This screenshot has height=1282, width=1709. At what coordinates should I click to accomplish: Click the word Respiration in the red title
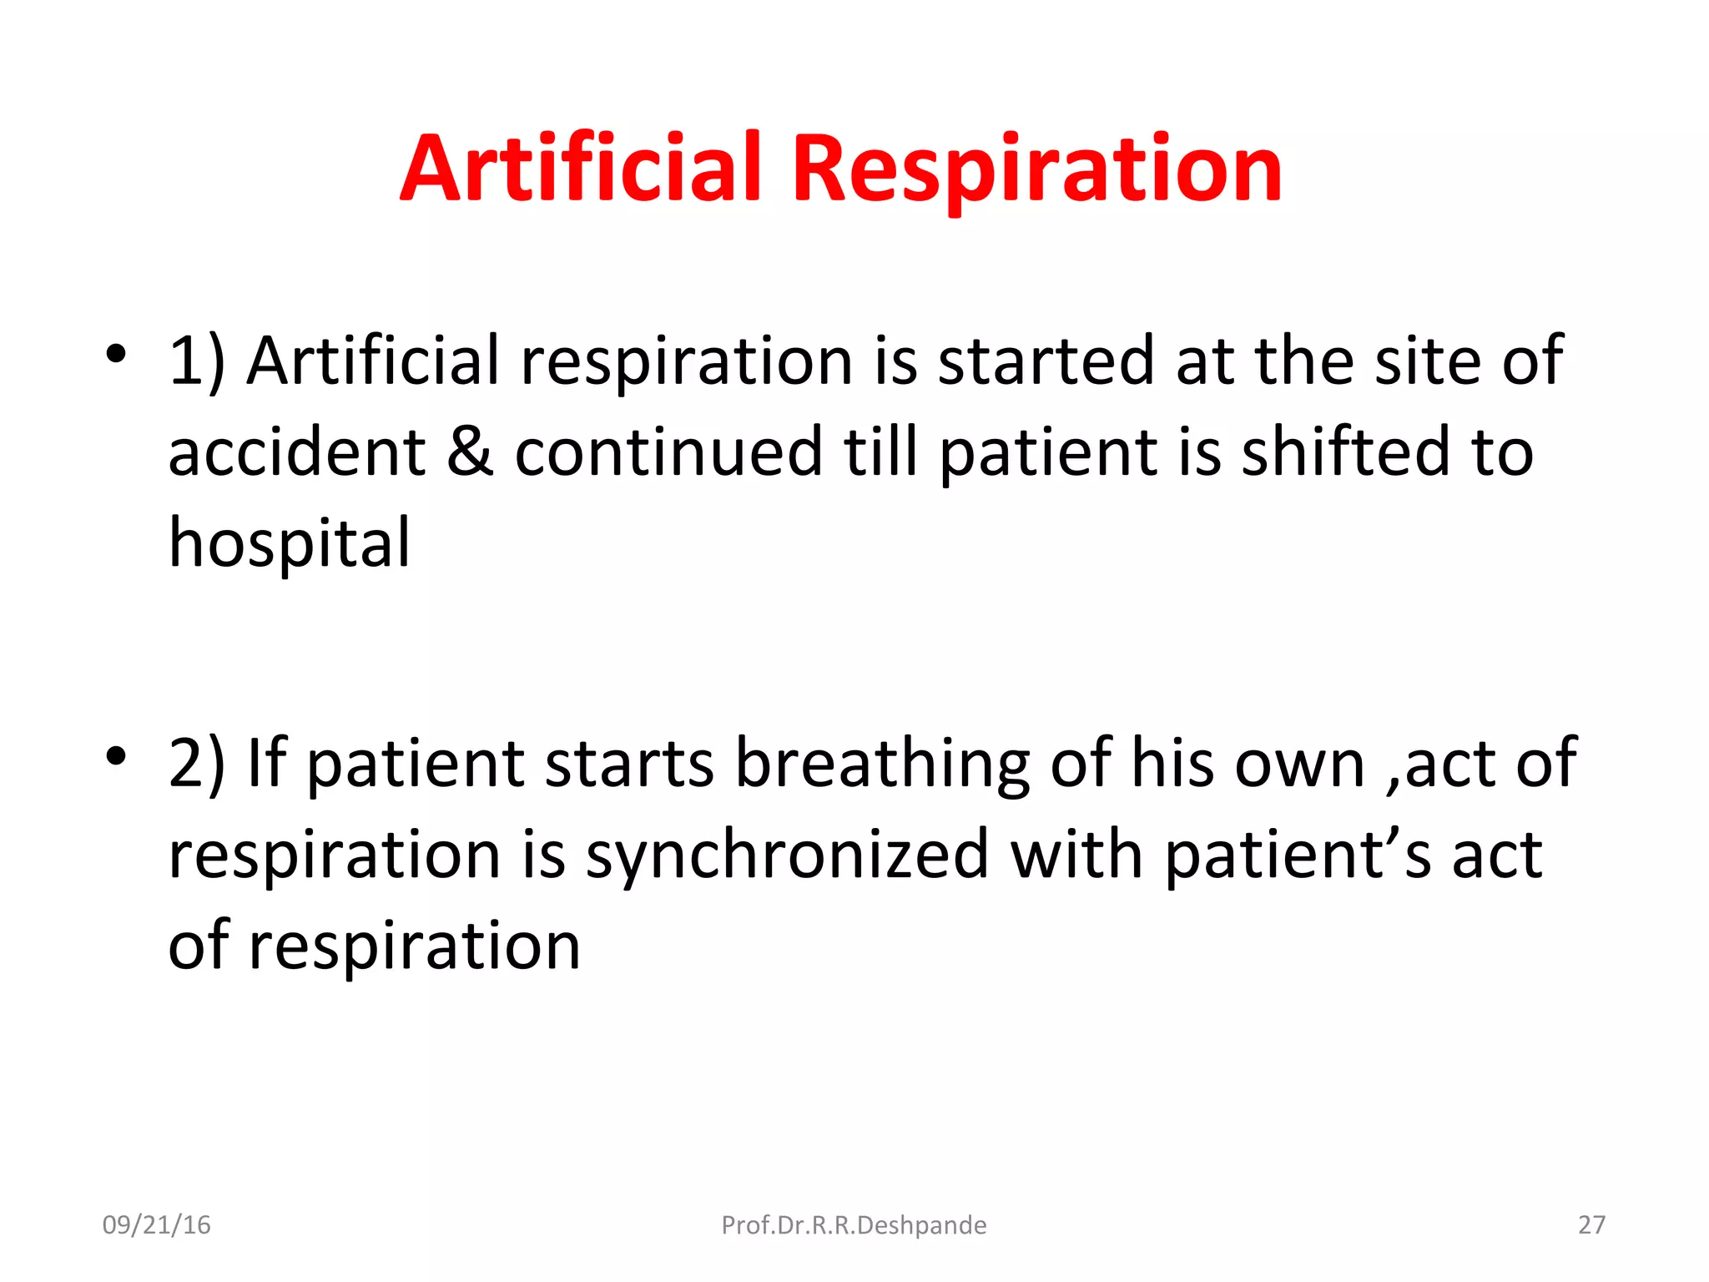(x=1036, y=172)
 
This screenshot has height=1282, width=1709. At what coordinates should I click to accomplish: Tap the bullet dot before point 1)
(x=116, y=354)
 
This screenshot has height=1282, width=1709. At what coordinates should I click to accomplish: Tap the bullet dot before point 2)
(x=116, y=756)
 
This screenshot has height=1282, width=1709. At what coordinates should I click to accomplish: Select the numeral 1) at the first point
(x=197, y=361)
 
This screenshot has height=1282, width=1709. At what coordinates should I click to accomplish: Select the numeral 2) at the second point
(x=197, y=764)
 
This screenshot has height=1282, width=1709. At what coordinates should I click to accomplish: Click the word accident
(x=297, y=452)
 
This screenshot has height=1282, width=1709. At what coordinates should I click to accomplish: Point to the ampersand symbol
(x=470, y=452)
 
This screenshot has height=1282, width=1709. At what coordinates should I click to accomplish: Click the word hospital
(x=290, y=544)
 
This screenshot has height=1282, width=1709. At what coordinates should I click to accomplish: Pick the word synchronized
(x=786, y=856)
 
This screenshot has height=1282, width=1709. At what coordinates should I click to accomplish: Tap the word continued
(x=668, y=452)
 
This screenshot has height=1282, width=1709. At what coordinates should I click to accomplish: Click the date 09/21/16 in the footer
(x=156, y=1225)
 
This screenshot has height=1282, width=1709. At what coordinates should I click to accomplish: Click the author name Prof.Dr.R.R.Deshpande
(x=854, y=1225)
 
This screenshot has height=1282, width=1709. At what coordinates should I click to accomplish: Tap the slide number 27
(x=1591, y=1225)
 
